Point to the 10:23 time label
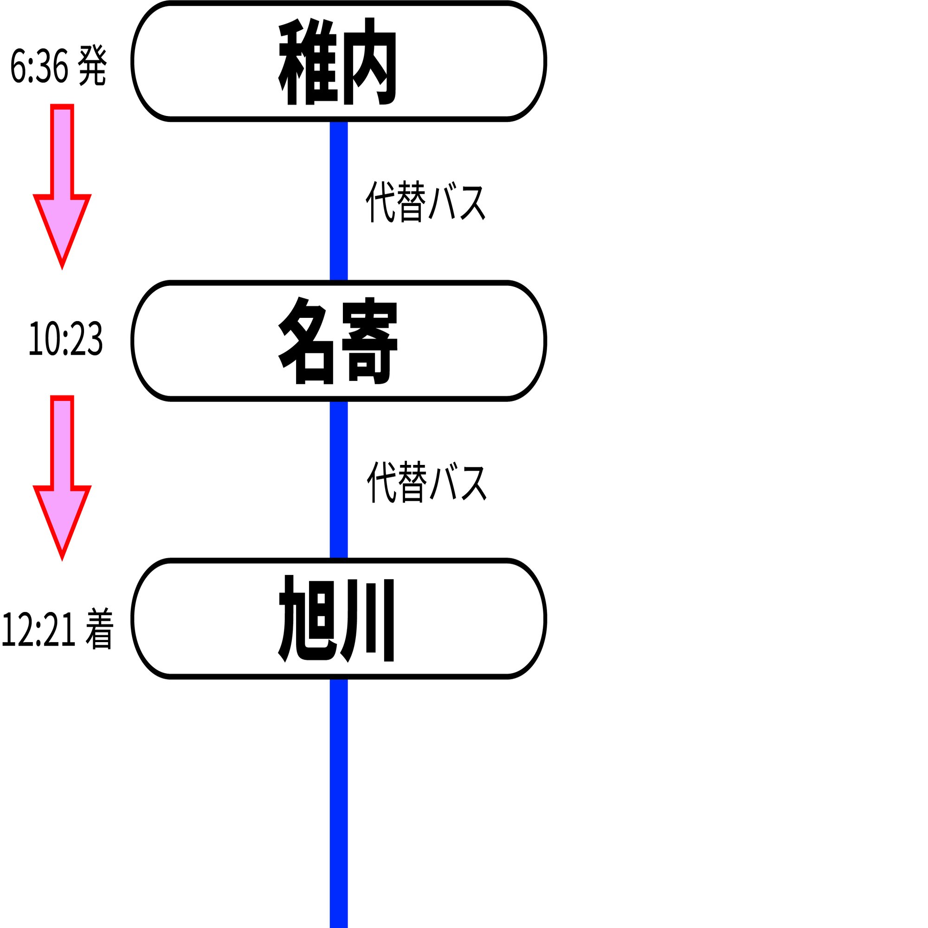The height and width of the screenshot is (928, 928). [66, 339]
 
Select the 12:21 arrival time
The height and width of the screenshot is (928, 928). [39, 629]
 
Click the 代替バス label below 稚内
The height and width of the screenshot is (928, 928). [425, 202]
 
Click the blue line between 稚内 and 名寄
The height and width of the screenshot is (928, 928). [339, 201]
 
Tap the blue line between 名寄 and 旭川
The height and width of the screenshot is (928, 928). [339, 480]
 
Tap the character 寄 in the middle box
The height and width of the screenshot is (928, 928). [369, 341]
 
